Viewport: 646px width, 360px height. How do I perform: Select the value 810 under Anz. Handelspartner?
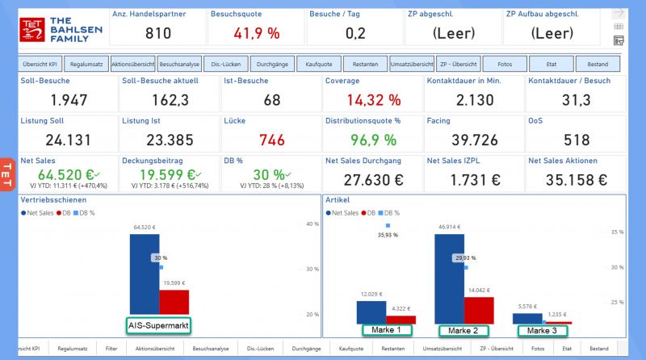coord(158,33)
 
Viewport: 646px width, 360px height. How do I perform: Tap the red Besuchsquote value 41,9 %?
coord(256,33)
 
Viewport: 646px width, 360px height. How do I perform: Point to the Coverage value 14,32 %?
coord(363,100)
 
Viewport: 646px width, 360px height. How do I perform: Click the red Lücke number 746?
coord(272,140)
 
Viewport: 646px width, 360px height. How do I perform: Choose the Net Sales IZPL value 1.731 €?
coord(473,179)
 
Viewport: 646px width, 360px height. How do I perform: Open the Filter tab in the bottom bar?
coord(111,349)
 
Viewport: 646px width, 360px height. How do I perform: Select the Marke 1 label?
coord(387,330)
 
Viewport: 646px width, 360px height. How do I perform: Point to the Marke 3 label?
coord(543,330)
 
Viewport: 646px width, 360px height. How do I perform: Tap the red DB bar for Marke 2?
coord(478,310)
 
